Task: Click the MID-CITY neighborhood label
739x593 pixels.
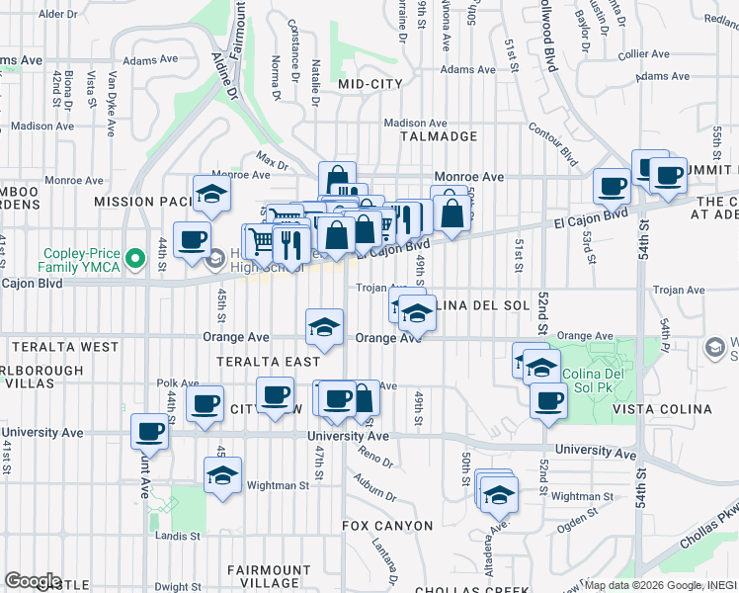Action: (370, 85)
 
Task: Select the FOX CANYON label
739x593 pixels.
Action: (387, 526)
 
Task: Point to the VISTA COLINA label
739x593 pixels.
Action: (662, 409)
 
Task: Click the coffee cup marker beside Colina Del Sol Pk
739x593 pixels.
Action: (548, 401)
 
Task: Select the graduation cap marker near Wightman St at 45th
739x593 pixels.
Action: (223, 474)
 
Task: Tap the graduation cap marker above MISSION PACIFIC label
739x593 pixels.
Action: (210, 194)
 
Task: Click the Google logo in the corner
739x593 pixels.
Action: (33, 581)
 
